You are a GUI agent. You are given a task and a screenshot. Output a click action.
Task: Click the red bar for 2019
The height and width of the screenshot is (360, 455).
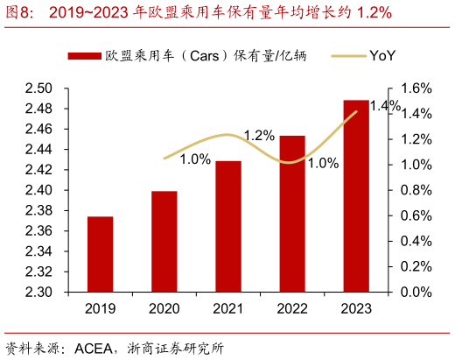click(x=100, y=254)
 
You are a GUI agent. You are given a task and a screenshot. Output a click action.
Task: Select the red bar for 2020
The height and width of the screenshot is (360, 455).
click(x=164, y=242)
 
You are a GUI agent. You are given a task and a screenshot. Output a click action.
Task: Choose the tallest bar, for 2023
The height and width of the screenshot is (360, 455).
click(x=355, y=196)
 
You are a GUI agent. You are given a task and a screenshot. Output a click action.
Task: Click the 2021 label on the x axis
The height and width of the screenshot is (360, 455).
click(x=227, y=308)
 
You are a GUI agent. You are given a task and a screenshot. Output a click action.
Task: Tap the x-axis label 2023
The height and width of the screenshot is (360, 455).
click(x=355, y=308)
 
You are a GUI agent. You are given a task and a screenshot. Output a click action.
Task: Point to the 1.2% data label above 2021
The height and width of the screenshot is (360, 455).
click(x=259, y=135)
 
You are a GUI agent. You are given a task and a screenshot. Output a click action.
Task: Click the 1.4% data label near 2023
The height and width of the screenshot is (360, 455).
click(x=385, y=106)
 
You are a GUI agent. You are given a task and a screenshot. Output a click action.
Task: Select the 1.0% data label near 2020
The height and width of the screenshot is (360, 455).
click(x=195, y=159)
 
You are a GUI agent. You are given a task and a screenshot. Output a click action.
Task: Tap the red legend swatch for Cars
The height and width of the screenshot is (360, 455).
click(x=85, y=56)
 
